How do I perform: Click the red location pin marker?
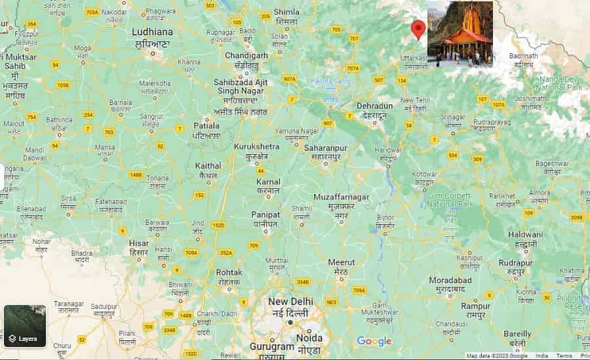tap(418, 30)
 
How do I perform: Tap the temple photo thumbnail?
tap(460, 33)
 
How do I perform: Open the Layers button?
tap(25, 326)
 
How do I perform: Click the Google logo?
tap(374, 341)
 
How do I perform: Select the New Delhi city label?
tap(291, 301)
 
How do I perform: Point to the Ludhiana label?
tap(153, 31)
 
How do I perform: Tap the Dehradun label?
tap(374, 106)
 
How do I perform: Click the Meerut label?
tap(341, 262)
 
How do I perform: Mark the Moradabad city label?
tap(450, 280)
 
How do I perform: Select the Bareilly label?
tap(517, 333)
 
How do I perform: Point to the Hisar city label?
tap(138, 243)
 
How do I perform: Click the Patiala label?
tap(207, 125)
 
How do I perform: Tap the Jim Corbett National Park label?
tap(449, 201)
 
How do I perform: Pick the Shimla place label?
tap(286, 12)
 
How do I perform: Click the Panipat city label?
tap(265, 214)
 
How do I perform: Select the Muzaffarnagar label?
tap(342, 197)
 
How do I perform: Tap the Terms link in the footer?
tap(564, 356)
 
